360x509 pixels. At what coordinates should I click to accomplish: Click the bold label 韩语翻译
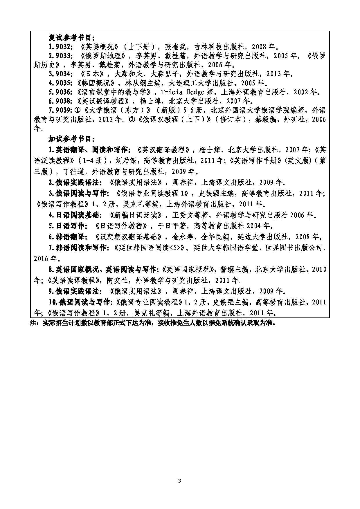pyautogui.click(x=71, y=237)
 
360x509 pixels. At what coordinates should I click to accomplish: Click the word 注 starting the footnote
pyautogui.click(x=33, y=323)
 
